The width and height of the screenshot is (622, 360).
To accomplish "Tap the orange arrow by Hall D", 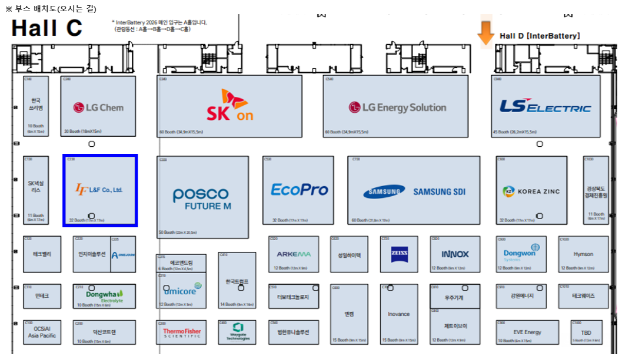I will tap(485, 33).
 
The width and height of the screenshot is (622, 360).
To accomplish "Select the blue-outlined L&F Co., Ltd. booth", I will tap(100, 190).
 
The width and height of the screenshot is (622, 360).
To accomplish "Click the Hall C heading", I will tap(47, 28).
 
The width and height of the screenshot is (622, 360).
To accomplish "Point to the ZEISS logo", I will tap(399, 254).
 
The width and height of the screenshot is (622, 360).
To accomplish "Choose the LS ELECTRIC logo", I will tap(545, 107).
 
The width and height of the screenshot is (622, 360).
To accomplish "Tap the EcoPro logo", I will tap(299, 190).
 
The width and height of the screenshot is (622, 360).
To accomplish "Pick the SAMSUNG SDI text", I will tap(440, 192).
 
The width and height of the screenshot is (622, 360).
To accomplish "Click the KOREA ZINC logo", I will tap(531, 191).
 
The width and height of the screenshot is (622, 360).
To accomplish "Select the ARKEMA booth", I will tap(294, 254).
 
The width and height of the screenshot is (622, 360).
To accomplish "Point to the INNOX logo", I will tap(455, 254).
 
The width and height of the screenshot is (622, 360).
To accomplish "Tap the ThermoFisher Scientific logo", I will tap(182, 332).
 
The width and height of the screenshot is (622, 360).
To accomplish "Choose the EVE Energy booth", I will tap(527, 332).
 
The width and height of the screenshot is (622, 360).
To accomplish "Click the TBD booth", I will tap(586, 332).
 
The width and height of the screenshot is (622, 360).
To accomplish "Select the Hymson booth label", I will tap(583, 254).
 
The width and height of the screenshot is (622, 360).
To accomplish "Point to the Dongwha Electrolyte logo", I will tap(104, 295).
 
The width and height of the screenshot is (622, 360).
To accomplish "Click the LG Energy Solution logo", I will tap(397, 107).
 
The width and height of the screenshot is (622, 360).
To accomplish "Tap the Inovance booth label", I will tap(398, 314).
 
